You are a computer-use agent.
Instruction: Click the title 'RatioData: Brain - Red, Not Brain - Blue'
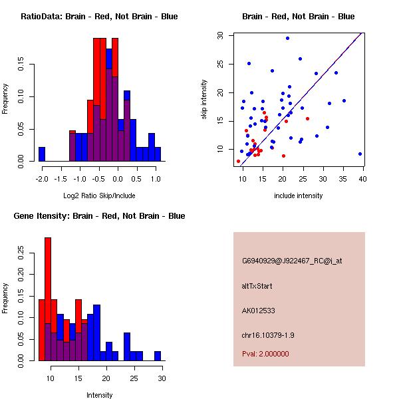click(99, 17)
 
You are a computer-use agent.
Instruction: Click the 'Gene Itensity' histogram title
click(99, 216)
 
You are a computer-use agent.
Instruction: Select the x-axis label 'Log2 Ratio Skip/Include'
click(99, 196)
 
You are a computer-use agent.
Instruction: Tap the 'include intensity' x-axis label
click(299, 196)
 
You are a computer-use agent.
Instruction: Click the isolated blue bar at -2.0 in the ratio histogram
click(42, 154)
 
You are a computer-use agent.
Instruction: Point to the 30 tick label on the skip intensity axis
click(219, 35)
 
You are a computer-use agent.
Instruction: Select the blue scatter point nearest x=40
click(360, 154)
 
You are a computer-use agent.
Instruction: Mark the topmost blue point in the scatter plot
click(287, 38)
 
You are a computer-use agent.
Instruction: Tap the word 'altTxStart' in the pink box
click(257, 286)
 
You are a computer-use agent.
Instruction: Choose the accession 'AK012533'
click(258, 311)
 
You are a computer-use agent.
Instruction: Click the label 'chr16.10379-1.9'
click(267, 334)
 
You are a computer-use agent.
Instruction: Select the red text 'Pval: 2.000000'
click(265, 354)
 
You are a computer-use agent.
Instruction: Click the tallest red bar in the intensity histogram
click(48, 299)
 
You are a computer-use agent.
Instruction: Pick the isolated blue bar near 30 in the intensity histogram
click(158, 356)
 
